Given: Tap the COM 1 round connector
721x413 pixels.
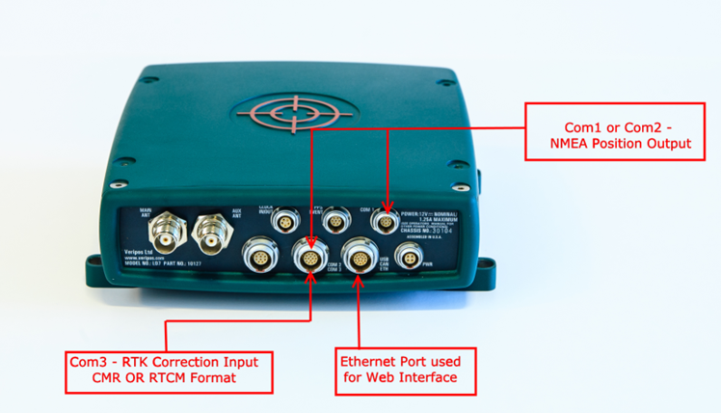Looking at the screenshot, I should coord(387,222).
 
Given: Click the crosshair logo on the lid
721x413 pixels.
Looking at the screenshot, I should coord(283,115).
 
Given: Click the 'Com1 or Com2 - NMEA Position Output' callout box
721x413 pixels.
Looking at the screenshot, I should coord(621,135).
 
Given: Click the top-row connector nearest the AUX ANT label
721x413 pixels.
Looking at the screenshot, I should coord(282,222).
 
